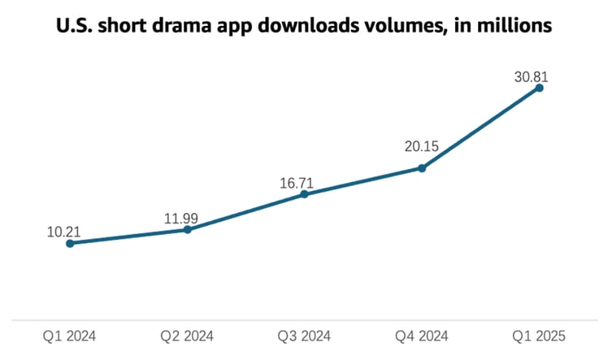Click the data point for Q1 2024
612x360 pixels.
point(70,243)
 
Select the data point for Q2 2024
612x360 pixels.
point(188,229)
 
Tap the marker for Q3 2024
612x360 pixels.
point(305,194)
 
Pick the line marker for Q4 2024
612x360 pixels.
point(422,168)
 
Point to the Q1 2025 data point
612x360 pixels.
point(539,88)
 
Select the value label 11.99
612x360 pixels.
point(180,219)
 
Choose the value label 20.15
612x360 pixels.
point(419,147)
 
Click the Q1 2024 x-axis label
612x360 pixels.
point(70,336)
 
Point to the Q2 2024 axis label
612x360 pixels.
point(188,336)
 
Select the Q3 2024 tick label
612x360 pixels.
point(305,336)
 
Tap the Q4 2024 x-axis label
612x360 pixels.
point(422,336)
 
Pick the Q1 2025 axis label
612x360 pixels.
point(539,336)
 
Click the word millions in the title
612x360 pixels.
point(515,26)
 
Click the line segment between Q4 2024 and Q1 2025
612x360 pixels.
point(480,128)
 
